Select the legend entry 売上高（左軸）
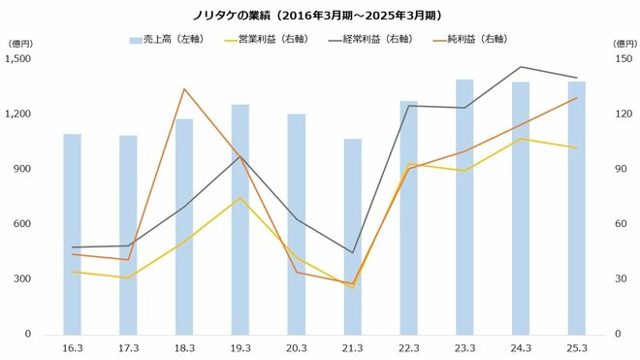pos(165,40)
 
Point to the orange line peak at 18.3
pos(184,89)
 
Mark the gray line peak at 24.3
pos(522,67)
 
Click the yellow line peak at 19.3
pos(240,198)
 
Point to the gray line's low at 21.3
pos(353,252)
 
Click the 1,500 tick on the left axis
pos(19,59)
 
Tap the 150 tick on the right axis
pos(620,59)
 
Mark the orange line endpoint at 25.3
pos(578,98)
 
